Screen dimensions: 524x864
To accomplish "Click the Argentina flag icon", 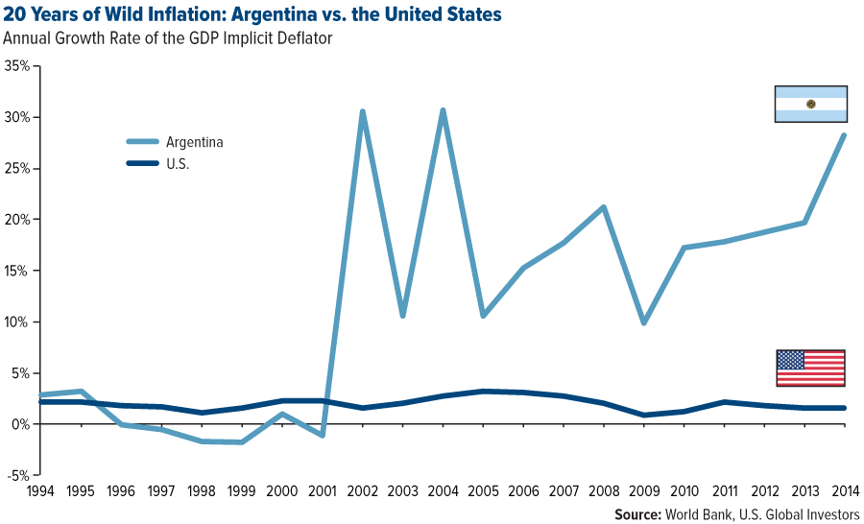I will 810,104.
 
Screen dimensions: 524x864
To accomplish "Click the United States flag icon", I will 810,368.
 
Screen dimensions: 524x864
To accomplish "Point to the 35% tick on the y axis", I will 16,66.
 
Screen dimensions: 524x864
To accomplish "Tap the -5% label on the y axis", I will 17,475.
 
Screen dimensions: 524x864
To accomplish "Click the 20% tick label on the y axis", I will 16,220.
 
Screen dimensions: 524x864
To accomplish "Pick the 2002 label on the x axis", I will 362,492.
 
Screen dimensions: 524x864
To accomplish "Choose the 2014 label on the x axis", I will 844,492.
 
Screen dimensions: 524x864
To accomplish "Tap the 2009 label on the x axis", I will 643,492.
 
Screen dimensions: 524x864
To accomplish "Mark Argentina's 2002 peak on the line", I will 362,111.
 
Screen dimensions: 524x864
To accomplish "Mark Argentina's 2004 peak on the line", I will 443,110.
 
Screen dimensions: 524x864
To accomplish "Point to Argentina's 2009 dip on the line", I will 643,322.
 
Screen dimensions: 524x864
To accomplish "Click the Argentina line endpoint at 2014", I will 844,135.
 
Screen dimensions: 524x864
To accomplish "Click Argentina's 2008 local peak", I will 603,207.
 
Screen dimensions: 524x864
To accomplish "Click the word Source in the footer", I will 640,514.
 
